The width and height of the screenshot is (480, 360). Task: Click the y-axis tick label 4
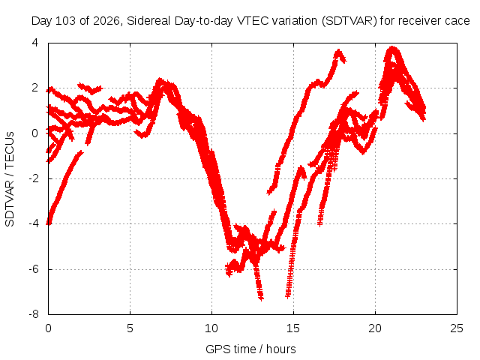[35, 43]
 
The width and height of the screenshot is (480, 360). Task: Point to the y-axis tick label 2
[35, 88]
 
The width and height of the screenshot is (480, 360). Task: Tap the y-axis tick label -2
[34, 178]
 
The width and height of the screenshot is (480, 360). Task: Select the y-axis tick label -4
[34, 223]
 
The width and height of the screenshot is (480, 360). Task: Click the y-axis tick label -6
[34, 269]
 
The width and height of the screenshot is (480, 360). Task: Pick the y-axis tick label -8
[34, 314]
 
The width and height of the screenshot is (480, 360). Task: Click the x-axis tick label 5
[130, 328]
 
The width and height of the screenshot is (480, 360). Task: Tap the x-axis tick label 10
[211, 328]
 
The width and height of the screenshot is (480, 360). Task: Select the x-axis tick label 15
[293, 328]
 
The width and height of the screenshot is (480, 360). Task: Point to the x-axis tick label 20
[375, 328]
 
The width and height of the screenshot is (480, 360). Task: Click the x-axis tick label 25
[457, 328]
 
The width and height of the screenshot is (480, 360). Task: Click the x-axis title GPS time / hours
[250, 349]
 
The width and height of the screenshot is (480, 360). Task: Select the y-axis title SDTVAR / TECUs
[10, 179]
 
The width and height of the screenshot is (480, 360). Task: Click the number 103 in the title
[66, 21]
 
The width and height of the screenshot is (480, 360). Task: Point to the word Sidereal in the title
[149, 21]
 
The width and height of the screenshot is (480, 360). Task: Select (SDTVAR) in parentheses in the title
[349, 21]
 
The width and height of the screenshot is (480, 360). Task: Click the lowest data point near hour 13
[261, 298]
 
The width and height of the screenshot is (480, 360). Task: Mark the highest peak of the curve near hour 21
[392, 48]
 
